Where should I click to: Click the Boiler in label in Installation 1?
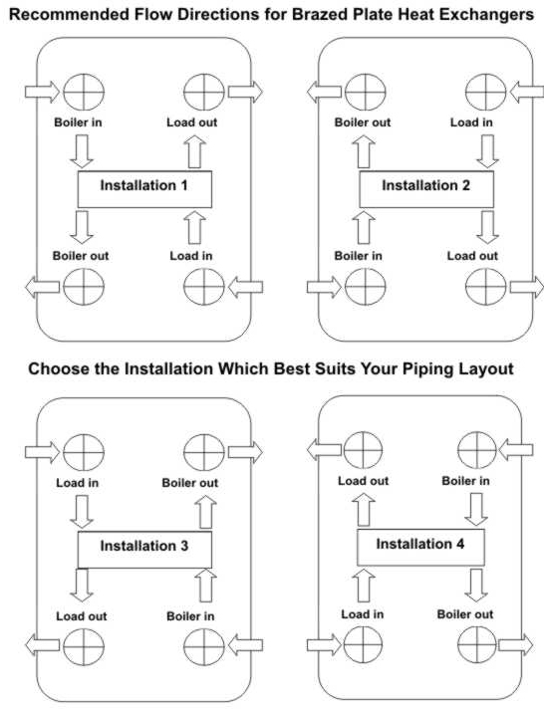pos(78,122)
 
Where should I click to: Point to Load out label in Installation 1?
pos(191,122)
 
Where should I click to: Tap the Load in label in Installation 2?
pos(471,122)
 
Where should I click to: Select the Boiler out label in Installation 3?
pos(190,482)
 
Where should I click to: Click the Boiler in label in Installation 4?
pos(465,481)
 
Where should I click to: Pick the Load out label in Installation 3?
pos(82,616)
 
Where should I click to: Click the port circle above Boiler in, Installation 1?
pos(84,92)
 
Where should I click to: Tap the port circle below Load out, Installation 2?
pos(485,287)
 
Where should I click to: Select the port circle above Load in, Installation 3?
pos(84,452)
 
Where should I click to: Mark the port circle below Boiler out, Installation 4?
pos(477,644)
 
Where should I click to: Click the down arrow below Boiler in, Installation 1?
pos(82,151)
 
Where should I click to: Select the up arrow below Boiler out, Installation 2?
pos(364,151)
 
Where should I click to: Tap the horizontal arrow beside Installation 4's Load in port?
pos(324,644)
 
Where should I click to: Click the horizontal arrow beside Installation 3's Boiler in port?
pos(245,644)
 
